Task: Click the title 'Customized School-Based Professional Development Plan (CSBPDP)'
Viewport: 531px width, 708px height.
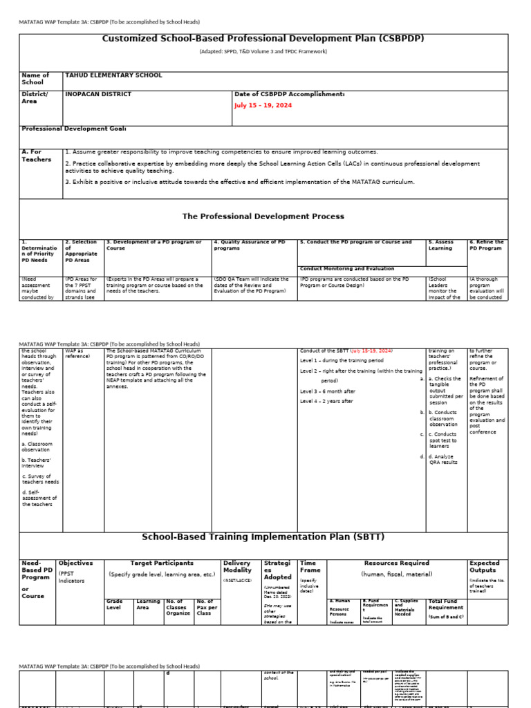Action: pos(263,39)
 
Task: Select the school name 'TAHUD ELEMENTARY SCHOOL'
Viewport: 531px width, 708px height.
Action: pos(113,75)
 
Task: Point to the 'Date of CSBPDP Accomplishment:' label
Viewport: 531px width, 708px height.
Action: pos(290,94)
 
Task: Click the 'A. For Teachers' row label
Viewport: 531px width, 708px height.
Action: pos(37,156)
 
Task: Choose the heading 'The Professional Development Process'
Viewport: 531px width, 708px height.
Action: pos(263,216)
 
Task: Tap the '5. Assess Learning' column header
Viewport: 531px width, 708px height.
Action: pos(440,245)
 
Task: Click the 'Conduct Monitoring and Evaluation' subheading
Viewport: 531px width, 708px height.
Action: pos(347,268)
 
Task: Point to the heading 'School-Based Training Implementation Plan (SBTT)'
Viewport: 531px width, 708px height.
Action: pos(263,537)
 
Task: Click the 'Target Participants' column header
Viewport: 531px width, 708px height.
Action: pos(162,563)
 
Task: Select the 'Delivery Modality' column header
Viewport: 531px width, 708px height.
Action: pos(238,567)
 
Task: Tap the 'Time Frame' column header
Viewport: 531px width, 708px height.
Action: pos(310,567)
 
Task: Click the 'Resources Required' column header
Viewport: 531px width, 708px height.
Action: pos(396,563)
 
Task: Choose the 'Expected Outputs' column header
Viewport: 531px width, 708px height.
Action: pos(485,567)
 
